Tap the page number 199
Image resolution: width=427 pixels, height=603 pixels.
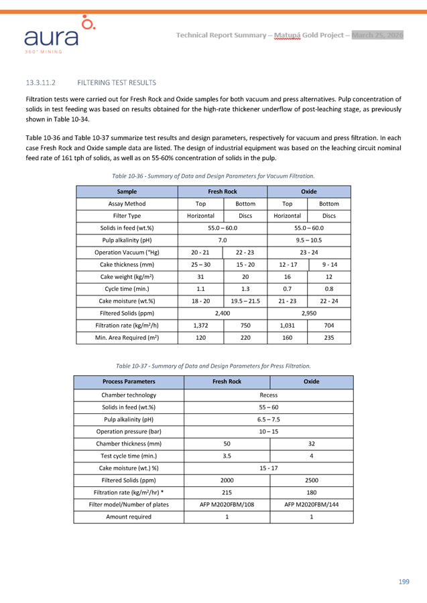point(404,582)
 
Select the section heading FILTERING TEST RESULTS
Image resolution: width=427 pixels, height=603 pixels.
point(117,82)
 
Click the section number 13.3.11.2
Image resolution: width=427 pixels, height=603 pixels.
point(40,82)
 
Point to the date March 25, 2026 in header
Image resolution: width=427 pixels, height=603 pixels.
point(377,35)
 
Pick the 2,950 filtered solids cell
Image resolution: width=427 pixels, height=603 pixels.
point(308,313)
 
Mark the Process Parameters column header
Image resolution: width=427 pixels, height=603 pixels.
point(129,381)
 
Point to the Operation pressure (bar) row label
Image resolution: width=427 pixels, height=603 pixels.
point(129,431)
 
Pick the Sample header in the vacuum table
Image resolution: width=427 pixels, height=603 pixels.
point(127,192)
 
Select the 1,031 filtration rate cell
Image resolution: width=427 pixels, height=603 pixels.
point(287,325)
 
